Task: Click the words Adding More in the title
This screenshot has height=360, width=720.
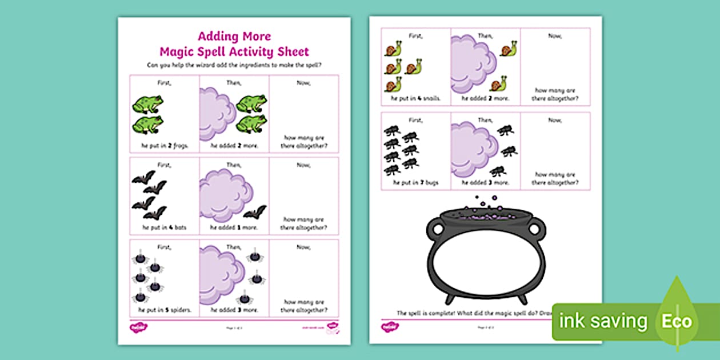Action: click(x=234, y=37)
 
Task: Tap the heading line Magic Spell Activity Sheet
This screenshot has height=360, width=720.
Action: click(x=234, y=51)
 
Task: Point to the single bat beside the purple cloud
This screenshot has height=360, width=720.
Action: click(x=255, y=213)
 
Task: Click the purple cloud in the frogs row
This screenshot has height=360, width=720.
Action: click(x=217, y=112)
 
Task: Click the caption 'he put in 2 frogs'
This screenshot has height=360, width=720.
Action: click(x=164, y=146)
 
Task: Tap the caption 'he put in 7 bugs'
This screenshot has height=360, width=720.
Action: click(x=415, y=182)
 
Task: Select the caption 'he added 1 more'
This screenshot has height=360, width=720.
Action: click(x=234, y=227)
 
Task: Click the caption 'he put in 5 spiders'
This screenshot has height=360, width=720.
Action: click(x=164, y=310)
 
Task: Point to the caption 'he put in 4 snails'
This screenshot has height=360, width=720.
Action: click(x=415, y=99)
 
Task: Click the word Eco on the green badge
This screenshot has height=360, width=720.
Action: click(x=676, y=321)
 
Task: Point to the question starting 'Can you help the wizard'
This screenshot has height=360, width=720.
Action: click(x=234, y=65)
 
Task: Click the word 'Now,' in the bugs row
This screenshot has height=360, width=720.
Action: click(x=555, y=120)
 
